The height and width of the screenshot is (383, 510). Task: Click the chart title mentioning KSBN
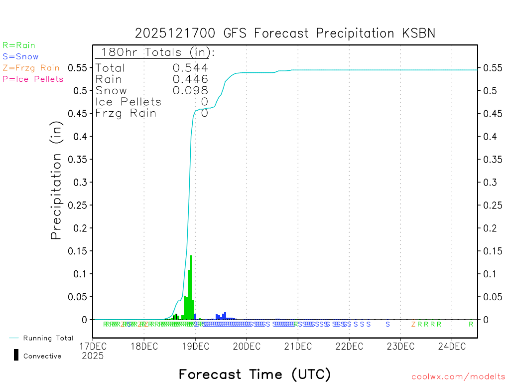click(x=285, y=33)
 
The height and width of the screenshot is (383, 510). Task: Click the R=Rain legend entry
click(x=19, y=45)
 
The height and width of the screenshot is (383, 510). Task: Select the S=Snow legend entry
click(x=20, y=57)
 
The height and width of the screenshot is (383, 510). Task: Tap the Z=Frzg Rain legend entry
click(x=31, y=68)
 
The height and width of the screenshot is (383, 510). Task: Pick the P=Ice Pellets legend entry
click(x=33, y=79)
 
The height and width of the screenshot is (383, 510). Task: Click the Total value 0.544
click(x=190, y=68)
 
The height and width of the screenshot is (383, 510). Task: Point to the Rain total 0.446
click(x=190, y=79)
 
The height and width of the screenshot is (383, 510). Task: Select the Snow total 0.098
click(x=190, y=90)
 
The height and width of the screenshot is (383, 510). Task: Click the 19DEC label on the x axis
click(x=195, y=346)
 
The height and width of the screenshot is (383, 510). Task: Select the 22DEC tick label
click(x=349, y=346)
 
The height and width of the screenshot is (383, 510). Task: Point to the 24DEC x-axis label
click(x=451, y=346)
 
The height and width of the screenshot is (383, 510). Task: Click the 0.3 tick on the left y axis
click(x=80, y=182)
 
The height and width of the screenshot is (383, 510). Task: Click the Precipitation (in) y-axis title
click(x=56, y=182)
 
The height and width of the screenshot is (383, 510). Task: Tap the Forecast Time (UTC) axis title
click(x=255, y=374)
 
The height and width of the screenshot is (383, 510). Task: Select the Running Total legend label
click(x=48, y=338)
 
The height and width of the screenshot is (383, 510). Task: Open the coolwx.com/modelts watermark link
click(x=458, y=377)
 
